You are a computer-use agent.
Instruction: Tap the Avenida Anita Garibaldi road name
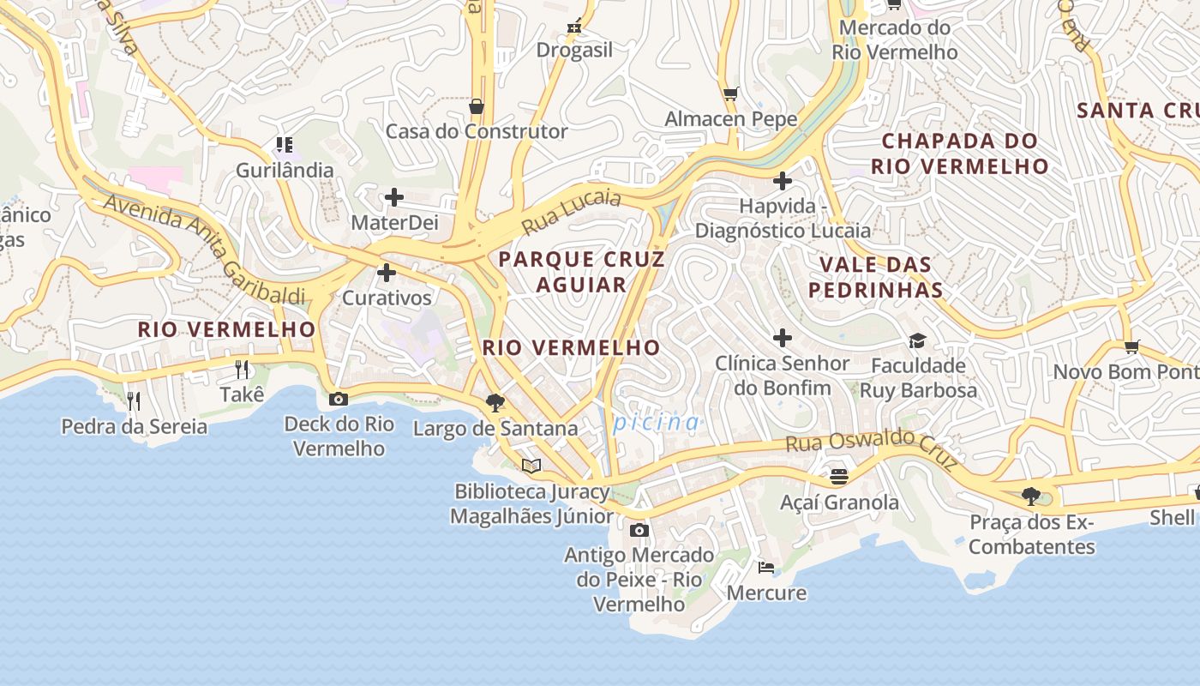point(204,249)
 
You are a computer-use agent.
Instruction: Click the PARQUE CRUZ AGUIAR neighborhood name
point(581,272)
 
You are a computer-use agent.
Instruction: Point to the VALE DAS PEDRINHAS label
point(875,277)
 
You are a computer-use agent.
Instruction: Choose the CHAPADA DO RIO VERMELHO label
point(959,153)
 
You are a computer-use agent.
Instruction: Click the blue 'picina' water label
point(656,422)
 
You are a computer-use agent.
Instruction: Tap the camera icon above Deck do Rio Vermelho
point(339,399)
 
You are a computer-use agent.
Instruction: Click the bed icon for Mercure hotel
point(766,568)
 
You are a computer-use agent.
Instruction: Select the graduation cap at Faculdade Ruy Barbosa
point(917,341)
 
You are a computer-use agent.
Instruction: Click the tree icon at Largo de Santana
point(495,402)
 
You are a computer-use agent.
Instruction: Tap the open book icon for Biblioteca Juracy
point(531,466)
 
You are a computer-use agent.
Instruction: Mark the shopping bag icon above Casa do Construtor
point(477,106)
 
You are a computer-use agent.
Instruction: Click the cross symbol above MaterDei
point(393,198)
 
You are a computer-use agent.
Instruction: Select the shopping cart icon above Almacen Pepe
point(730,93)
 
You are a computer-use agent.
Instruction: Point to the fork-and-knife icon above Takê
point(242,370)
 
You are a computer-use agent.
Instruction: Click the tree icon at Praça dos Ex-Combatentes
point(1031,496)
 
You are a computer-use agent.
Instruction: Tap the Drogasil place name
point(574,50)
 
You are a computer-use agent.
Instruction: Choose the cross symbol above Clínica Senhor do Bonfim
point(782,338)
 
